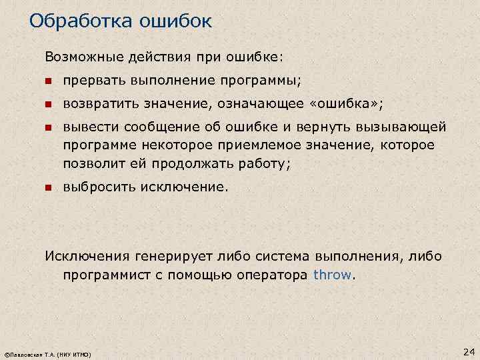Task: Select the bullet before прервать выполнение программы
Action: coord(48,81)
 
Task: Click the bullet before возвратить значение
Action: coord(48,104)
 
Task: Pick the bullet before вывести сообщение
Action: coord(48,127)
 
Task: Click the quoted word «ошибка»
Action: coord(351,103)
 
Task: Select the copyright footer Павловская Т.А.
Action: coord(47,353)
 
